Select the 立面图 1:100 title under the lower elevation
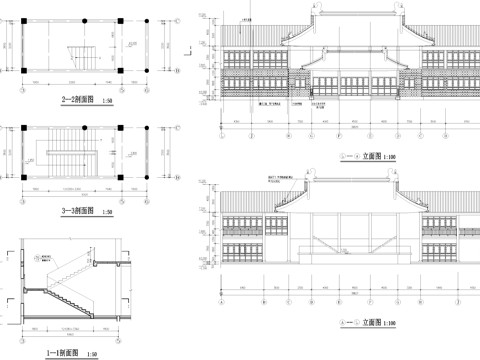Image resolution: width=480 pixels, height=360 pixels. pyautogui.click(x=369, y=323)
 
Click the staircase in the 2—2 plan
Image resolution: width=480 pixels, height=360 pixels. pyautogui.click(x=78, y=56)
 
